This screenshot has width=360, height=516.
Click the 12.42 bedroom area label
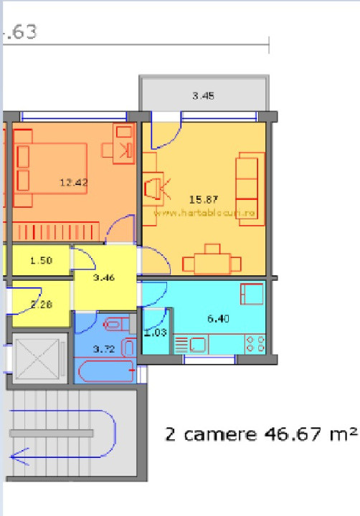coord(73,183)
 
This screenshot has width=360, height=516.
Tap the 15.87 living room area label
coord(204,199)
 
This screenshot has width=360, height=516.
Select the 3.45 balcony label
coord(204,95)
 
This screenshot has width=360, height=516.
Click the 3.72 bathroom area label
coord(104,349)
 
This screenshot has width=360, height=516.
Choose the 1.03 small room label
coord(155,333)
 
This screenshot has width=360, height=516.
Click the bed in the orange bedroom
coord(51,168)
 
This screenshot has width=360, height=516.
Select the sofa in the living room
coord(247,187)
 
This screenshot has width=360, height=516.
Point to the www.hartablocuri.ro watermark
coord(205,212)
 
